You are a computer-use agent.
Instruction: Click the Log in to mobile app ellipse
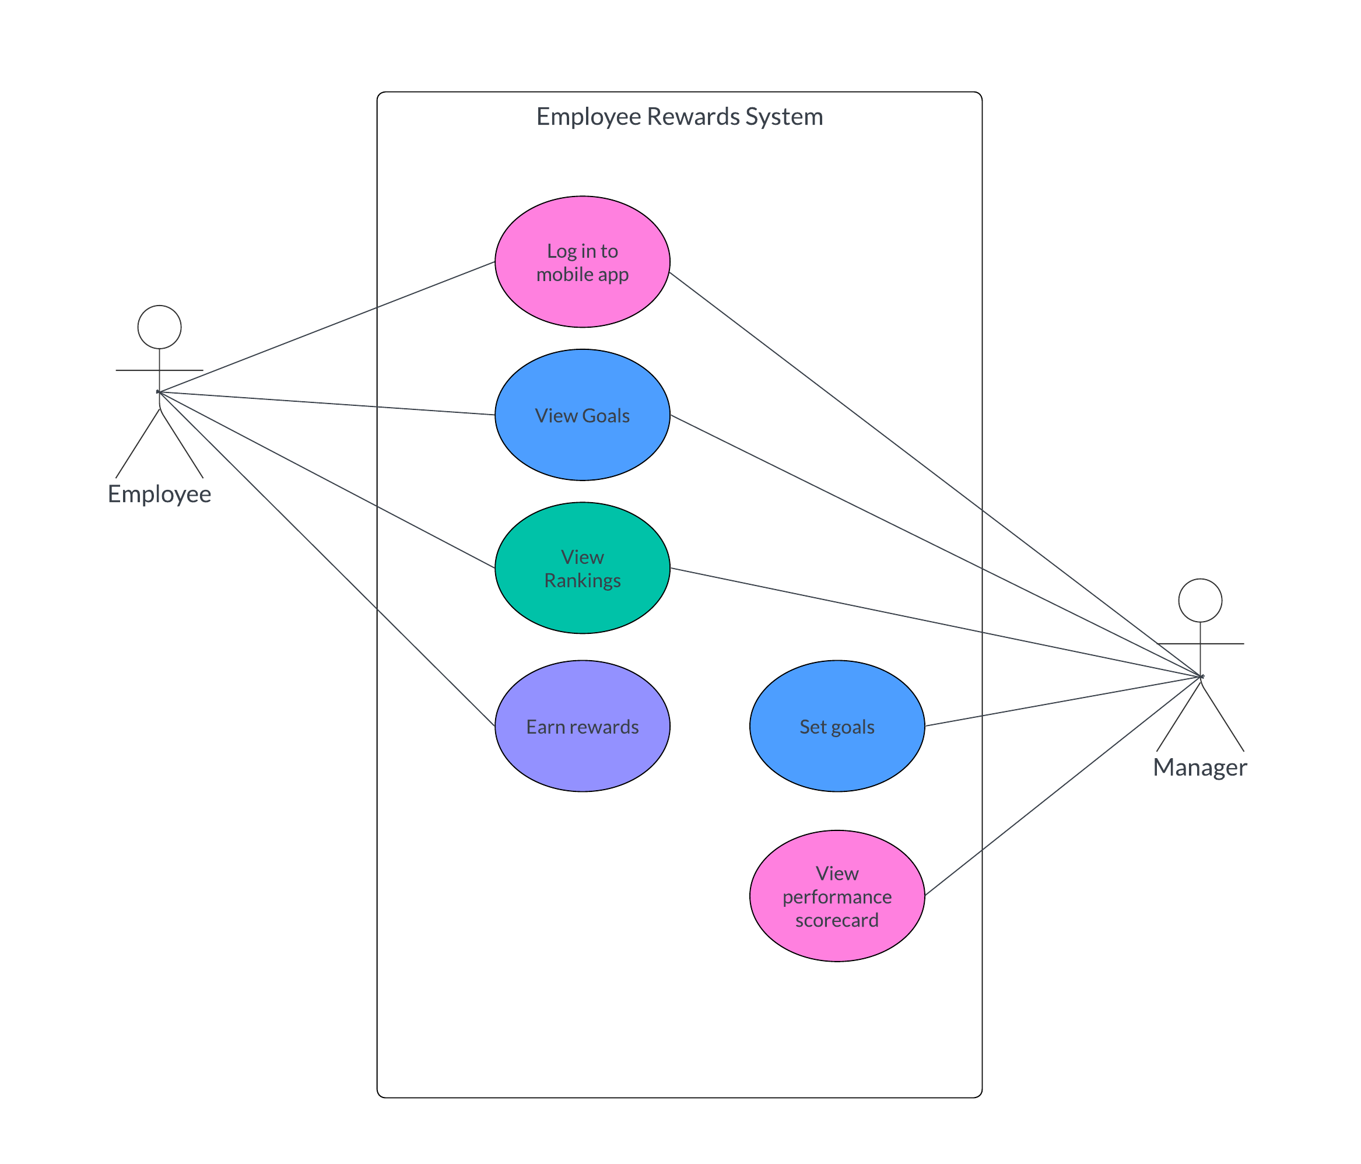[x=582, y=261]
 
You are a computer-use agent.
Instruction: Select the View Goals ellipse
[x=582, y=415]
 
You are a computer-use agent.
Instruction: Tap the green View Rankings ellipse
[x=582, y=568]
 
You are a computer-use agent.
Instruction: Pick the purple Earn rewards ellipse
[x=582, y=727]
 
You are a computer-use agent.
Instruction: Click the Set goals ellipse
[x=837, y=727]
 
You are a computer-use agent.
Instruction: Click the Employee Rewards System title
[x=679, y=116]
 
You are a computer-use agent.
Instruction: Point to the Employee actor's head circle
[x=160, y=327]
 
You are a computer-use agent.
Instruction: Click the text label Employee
[x=160, y=494]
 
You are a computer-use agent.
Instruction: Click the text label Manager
[x=1199, y=767]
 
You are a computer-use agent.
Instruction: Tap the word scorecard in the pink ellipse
[x=837, y=920]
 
